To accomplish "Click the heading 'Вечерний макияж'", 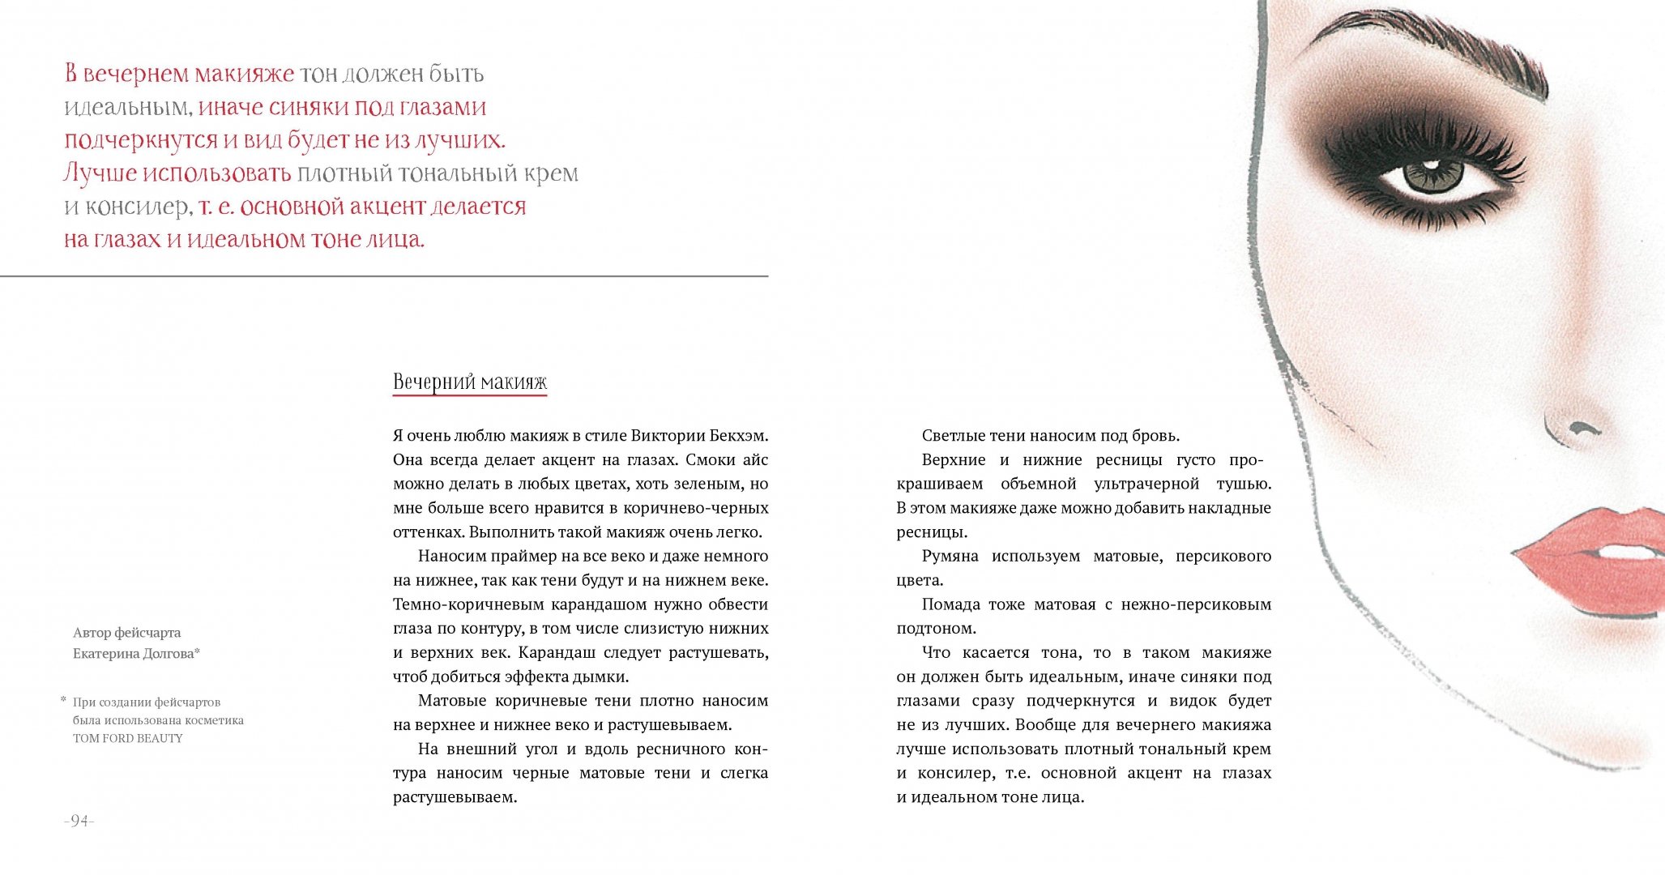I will tap(470, 382).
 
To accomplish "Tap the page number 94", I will tap(79, 821).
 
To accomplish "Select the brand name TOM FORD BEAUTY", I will tap(128, 738).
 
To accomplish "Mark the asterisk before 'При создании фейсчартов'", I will tap(63, 699).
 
